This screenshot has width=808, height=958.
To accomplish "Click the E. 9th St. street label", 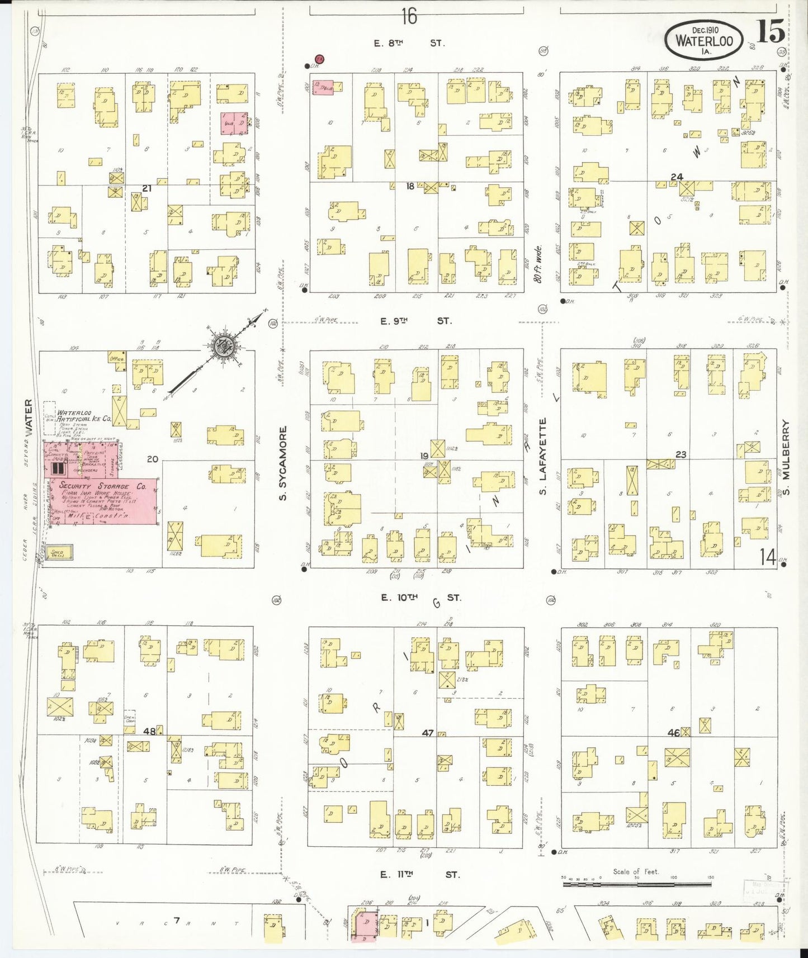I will click(415, 321).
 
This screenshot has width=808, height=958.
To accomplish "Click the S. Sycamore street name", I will click(283, 463).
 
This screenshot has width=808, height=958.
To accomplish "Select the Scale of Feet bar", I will click(637, 884).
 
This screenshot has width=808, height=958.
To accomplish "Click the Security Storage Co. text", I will click(102, 486).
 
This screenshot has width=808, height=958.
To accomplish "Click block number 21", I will click(147, 189).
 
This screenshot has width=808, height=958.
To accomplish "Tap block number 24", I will click(677, 177).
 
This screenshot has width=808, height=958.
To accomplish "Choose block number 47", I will click(427, 733).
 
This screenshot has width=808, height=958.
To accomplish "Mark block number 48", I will click(149, 731).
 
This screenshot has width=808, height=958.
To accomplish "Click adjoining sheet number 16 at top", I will click(409, 17).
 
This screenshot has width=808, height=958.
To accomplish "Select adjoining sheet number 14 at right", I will click(767, 556).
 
